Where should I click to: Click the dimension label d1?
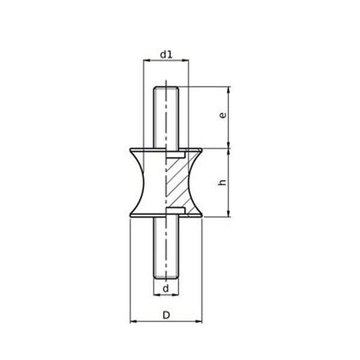[166, 55]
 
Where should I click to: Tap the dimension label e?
[223, 115]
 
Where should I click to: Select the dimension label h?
[223, 182]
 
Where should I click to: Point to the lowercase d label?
[166, 289]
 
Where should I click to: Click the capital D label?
[166, 316]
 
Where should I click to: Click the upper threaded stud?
[166, 118]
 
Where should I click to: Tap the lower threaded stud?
[166, 248]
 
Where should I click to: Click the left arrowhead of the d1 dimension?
[146, 61]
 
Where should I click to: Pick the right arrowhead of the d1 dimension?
[185, 61]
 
